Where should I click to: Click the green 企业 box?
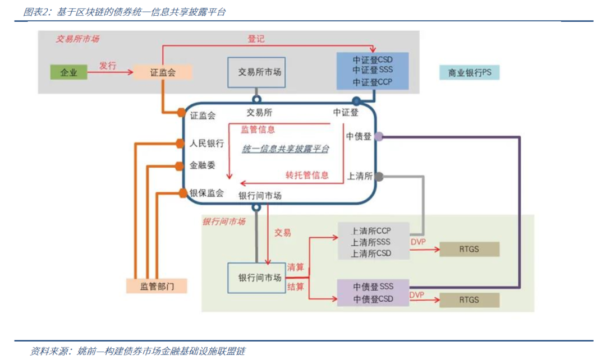[69, 72]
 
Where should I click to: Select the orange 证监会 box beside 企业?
[163, 72]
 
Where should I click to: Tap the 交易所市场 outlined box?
[256, 72]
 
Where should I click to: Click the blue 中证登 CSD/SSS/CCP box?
[373, 71]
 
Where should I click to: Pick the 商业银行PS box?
[470, 73]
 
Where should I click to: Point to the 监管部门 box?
[157, 286]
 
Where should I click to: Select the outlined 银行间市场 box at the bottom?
[256, 278]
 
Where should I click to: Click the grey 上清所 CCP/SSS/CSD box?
[374, 242]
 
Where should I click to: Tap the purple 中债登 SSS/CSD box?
[373, 293]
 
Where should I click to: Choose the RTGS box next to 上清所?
[470, 249]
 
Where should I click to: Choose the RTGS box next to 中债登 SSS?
[470, 300]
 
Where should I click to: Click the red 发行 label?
[108, 66]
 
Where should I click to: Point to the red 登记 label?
[256, 39]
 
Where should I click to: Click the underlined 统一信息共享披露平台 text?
[286, 149]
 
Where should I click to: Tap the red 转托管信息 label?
[307, 176]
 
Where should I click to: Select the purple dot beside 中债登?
[379, 136]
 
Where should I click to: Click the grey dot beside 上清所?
[379, 177]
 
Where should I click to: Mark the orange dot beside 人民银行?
[180, 144]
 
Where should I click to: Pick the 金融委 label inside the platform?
[202, 165]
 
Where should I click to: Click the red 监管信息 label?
[258, 130]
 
